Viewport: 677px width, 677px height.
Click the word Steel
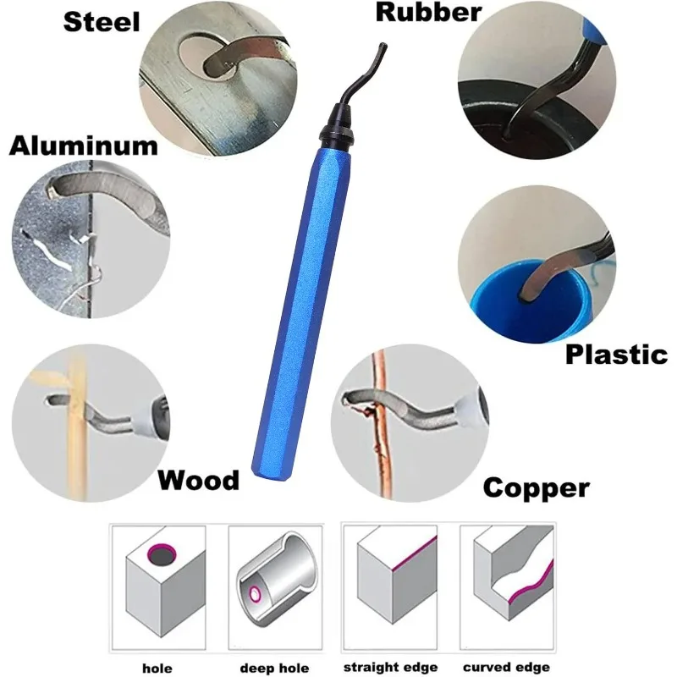(x=101, y=20)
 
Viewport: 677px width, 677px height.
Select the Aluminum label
(x=84, y=146)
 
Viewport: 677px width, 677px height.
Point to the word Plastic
(x=616, y=354)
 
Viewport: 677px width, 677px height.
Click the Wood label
(x=199, y=481)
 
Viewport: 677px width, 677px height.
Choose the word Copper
(x=536, y=487)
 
